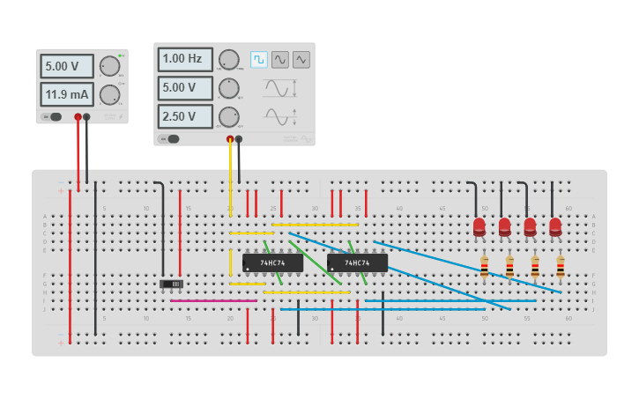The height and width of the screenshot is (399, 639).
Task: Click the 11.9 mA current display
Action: point(66,94)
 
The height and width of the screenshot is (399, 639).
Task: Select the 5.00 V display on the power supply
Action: point(66,66)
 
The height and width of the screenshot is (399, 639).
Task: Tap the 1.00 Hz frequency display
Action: point(185,59)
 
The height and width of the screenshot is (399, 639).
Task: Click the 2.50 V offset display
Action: point(185,116)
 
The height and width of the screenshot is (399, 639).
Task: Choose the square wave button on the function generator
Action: point(258,59)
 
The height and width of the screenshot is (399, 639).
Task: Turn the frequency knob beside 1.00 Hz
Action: point(228,60)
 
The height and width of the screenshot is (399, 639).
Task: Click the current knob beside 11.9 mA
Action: point(109,94)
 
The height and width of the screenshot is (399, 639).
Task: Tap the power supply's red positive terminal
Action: point(78,117)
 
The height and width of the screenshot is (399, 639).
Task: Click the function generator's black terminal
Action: point(239,139)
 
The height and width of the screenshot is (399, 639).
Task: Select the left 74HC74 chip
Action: point(272,262)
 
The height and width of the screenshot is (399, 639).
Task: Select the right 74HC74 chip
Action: point(357,262)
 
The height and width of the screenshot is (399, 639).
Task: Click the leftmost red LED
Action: point(479,226)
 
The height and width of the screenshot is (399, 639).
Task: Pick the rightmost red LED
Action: point(555,226)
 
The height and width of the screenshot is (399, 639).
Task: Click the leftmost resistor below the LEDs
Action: point(484,266)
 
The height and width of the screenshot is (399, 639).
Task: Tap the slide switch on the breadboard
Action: point(171,284)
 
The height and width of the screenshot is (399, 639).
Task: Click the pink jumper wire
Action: point(213,300)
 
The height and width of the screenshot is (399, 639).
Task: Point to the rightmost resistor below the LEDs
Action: point(561,266)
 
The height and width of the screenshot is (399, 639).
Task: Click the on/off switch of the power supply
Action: point(52,117)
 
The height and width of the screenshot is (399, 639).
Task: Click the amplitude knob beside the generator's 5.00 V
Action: point(228,88)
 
